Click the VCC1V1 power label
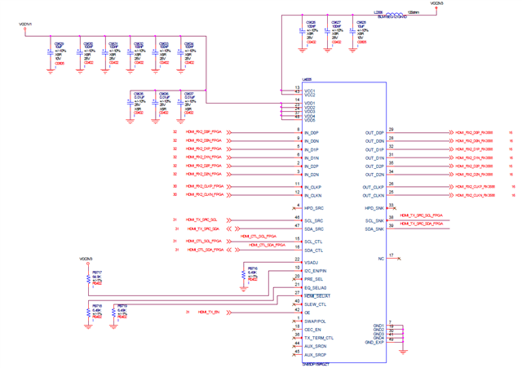[x=26, y=24]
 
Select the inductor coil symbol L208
[x=392, y=14]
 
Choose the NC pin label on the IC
[x=380, y=258]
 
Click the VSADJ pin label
[x=312, y=261]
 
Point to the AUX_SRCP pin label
[x=316, y=355]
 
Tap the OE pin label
[x=307, y=313]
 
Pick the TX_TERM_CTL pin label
[x=319, y=337]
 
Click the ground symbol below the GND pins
[x=404, y=351]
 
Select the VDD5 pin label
[x=310, y=120]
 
